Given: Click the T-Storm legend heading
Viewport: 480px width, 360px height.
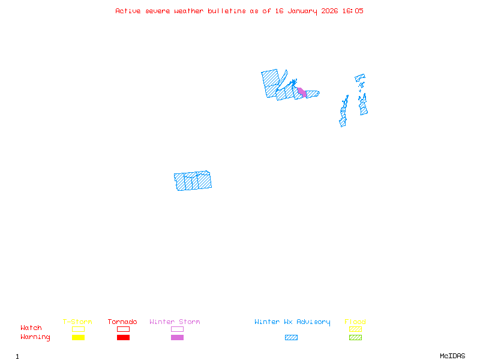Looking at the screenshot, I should pyautogui.click(x=77, y=322).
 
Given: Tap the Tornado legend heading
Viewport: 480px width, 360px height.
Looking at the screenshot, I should pyautogui.click(x=122, y=322).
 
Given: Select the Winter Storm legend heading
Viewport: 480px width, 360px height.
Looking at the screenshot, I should pyautogui.click(x=175, y=322).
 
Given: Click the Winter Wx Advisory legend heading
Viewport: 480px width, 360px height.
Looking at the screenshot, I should pyautogui.click(x=292, y=322).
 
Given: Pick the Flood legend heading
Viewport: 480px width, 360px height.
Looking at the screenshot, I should pyautogui.click(x=355, y=322).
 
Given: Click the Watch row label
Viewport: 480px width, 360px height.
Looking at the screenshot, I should pyautogui.click(x=31, y=328).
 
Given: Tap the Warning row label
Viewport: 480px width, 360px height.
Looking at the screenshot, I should pyautogui.click(x=35, y=337).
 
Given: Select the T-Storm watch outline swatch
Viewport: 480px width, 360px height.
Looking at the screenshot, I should pyautogui.click(x=78, y=329).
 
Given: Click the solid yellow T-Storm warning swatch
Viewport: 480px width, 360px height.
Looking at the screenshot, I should pyautogui.click(x=78, y=338).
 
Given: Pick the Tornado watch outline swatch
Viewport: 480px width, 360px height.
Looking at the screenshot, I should pyautogui.click(x=123, y=329).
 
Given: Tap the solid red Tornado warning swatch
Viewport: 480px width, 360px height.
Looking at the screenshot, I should pyautogui.click(x=123, y=338).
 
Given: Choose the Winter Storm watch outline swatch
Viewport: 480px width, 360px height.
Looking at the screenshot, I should pyautogui.click(x=177, y=329).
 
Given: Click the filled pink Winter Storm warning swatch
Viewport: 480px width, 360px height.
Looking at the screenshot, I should pyautogui.click(x=177, y=338).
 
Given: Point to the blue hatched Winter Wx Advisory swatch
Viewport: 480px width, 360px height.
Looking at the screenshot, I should pyautogui.click(x=291, y=338).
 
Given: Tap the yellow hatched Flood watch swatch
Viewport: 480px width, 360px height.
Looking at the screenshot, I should pyautogui.click(x=355, y=329).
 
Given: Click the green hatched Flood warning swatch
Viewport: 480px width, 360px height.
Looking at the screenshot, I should pyautogui.click(x=355, y=338).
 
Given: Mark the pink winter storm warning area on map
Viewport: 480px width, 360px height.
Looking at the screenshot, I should pyautogui.click(x=302, y=92).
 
